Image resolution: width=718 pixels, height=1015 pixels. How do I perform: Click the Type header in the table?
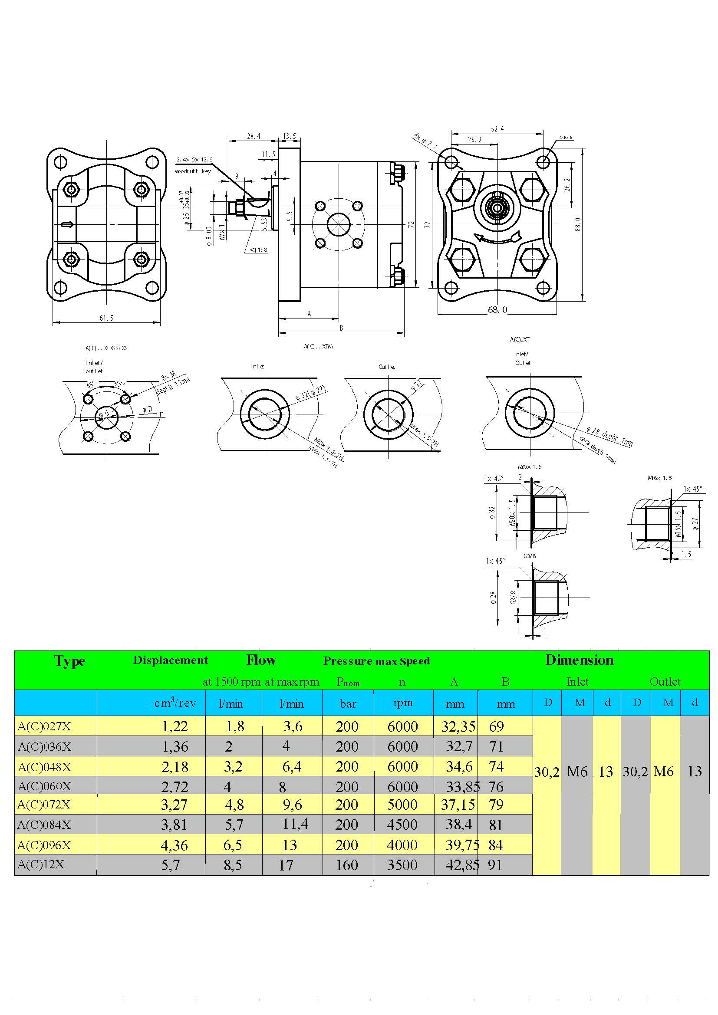pos(69,661)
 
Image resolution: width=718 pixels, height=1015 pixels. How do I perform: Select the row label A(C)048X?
pos(44,767)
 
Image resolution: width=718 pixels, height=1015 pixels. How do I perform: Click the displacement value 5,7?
pos(171,865)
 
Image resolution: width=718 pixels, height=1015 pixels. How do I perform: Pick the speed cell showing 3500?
pos(402,865)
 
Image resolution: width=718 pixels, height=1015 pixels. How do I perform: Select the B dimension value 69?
pos(497,726)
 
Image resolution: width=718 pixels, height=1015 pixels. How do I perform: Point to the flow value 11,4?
pos(295,824)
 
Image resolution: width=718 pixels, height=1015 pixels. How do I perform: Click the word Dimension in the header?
pos(579,660)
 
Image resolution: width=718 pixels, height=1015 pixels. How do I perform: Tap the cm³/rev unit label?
pos(175,703)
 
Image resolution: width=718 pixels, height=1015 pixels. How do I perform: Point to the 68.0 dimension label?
pos(497,310)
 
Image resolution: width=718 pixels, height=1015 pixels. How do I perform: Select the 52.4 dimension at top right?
pos(497,129)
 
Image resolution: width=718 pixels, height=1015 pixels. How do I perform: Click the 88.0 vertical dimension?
pos(578,224)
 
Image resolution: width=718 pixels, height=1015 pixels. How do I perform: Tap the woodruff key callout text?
pos(193,171)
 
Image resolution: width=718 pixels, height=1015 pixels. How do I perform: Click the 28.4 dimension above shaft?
pos(254,136)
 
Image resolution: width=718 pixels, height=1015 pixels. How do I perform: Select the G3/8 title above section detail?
pos(530,556)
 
